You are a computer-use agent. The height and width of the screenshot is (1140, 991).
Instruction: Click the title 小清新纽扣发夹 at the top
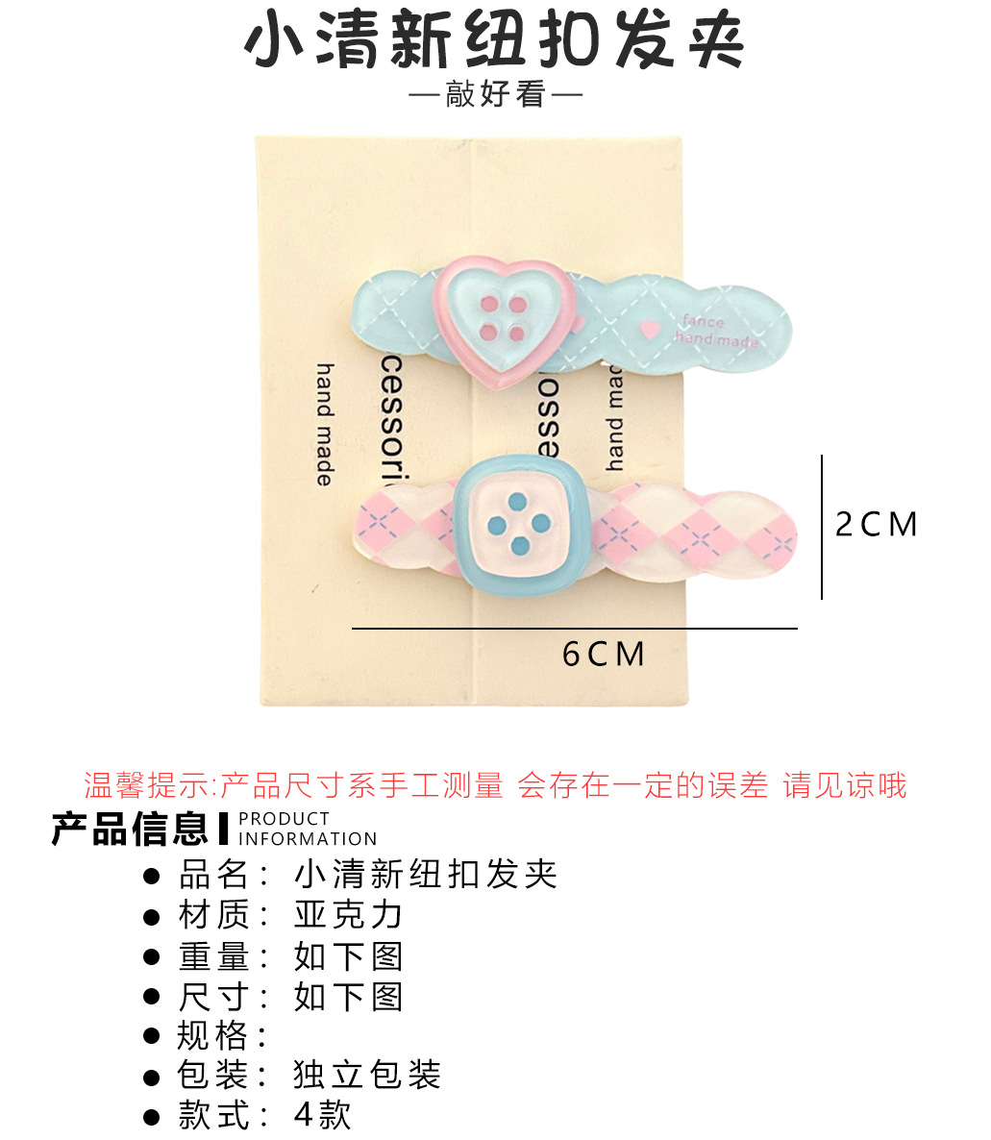[495, 43]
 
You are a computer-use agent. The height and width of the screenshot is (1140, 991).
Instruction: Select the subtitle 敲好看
[495, 95]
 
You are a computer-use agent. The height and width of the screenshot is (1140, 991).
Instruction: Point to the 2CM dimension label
[876, 525]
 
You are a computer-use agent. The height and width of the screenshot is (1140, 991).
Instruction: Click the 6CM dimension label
[604, 655]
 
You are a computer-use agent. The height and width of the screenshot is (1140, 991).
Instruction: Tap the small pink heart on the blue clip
[651, 329]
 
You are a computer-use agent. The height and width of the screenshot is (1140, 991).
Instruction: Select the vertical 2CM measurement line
[822, 527]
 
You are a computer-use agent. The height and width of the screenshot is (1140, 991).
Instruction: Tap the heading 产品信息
[130, 829]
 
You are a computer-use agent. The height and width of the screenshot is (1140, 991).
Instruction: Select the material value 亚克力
[348, 915]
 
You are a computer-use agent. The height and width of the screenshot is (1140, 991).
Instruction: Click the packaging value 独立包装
[367, 1075]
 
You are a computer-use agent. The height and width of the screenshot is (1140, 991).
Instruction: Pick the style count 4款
[323, 1115]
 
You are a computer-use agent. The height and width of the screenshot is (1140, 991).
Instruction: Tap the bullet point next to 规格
[151, 1036]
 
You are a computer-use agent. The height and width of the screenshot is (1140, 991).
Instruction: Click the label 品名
[213, 875]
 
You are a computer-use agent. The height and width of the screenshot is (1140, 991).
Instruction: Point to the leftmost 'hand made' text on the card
[325, 424]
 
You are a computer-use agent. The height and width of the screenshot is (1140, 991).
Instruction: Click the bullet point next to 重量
[151, 957]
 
